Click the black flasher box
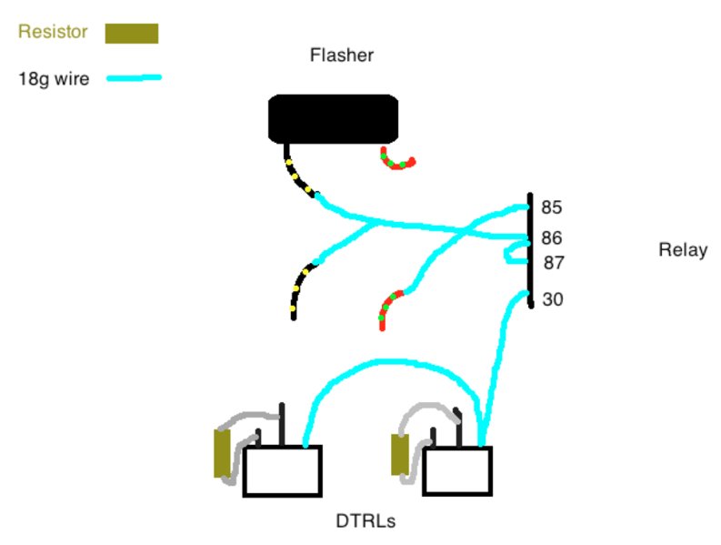(x=333, y=119)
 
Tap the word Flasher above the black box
(x=342, y=56)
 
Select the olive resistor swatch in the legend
(x=132, y=34)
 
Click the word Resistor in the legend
(x=53, y=32)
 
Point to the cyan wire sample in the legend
(x=134, y=77)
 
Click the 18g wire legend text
(x=54, y=79)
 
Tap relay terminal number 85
(x=551, y=207)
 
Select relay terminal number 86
(x=551, y=238)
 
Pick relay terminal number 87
(x=554, y=263)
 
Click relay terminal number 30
(x=553, y=299)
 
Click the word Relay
(x=683, y=250)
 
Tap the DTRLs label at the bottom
(x=366, y=521)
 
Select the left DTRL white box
(x=283, y=471)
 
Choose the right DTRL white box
(x=457, y=471)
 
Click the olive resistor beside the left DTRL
(x=222, y=453)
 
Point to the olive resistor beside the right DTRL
(x=399, y=454)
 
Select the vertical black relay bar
(x=530, y=250)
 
